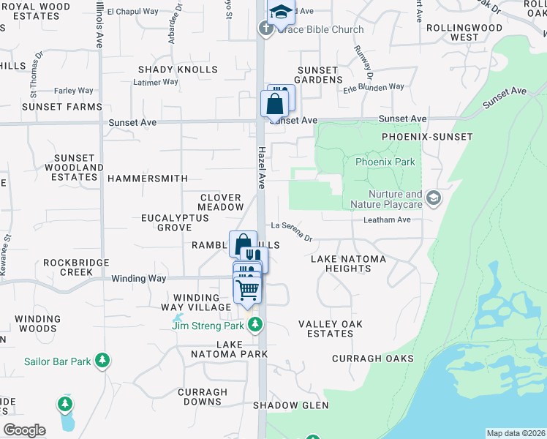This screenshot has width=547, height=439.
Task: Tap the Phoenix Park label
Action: (x=385, y=162)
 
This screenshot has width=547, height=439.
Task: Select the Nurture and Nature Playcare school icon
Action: (x=434, y=198)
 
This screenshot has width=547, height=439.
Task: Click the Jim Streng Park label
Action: (x=210, y=326)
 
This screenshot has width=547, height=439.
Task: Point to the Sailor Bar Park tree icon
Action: (x=103, y=360)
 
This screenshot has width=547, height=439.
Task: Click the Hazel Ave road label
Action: (x=261, y=166)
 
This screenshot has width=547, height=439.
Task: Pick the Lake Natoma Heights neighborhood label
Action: (x=341, y=264)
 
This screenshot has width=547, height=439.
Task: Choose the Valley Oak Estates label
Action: (x=326, y=329)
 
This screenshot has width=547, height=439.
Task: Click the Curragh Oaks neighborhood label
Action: (x=372, y=359)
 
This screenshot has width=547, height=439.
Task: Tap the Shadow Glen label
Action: (x=290, y=405)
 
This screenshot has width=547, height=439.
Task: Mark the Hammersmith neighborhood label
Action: (x=147, y=179)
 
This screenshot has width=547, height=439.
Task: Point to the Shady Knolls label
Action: (x=178, y=70)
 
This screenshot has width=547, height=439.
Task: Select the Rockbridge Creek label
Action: (x=78, y=267)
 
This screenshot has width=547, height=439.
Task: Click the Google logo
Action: (x=24, y=430)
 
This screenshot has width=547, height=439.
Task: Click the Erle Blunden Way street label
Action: (x=374, y=87)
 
